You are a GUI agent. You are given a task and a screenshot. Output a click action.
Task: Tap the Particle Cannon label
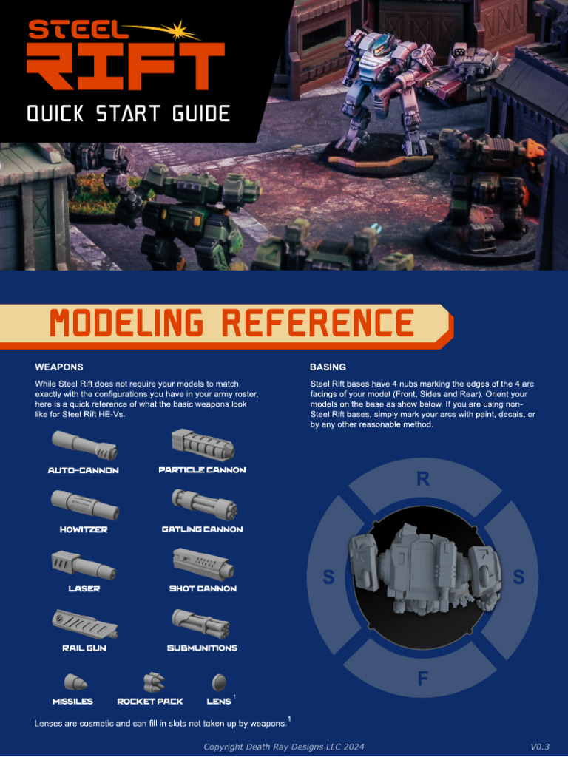(x=202, y=470)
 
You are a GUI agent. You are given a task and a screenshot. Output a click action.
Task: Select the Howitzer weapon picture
(x=84, y=505)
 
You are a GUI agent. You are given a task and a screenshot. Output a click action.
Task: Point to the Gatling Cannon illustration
(x=204, y=504)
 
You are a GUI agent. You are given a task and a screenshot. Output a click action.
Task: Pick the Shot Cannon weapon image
(x=203, y=563)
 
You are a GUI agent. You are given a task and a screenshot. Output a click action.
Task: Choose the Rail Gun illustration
(x=84, y=623)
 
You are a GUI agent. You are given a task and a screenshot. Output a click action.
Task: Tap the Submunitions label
(x=202, y=648)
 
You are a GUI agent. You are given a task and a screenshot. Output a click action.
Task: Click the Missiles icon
(x=75, y=681)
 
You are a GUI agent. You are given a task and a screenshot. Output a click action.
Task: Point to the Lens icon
(x=218, y=682)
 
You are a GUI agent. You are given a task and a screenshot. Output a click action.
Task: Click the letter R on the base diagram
(x=423, y=480)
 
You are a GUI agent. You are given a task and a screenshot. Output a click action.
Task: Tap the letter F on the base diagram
(x=423, y=679)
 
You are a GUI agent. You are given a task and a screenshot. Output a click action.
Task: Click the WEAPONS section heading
(x=59, y=367)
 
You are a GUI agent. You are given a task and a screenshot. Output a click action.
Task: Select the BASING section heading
(x=328, y=367)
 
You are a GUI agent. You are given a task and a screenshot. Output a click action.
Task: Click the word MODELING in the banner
(x=129, y=324)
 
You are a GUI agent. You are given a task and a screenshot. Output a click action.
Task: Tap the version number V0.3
(x=543, y=747)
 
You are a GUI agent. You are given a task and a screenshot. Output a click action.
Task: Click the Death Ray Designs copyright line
(x=284, y=747)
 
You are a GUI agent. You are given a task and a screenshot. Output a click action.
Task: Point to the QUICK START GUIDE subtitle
(x=128, y=114)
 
